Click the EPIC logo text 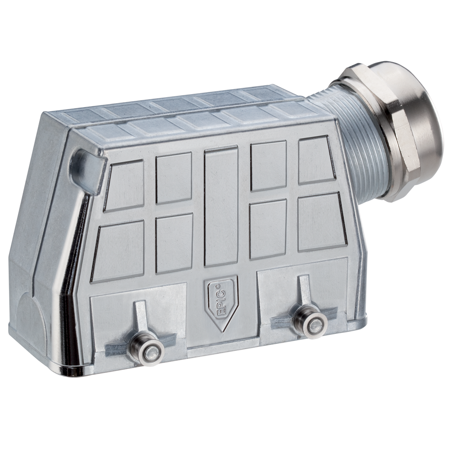pos(220,298)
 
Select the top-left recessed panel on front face pos(124,185)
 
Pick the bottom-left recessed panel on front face pos(118,250)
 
